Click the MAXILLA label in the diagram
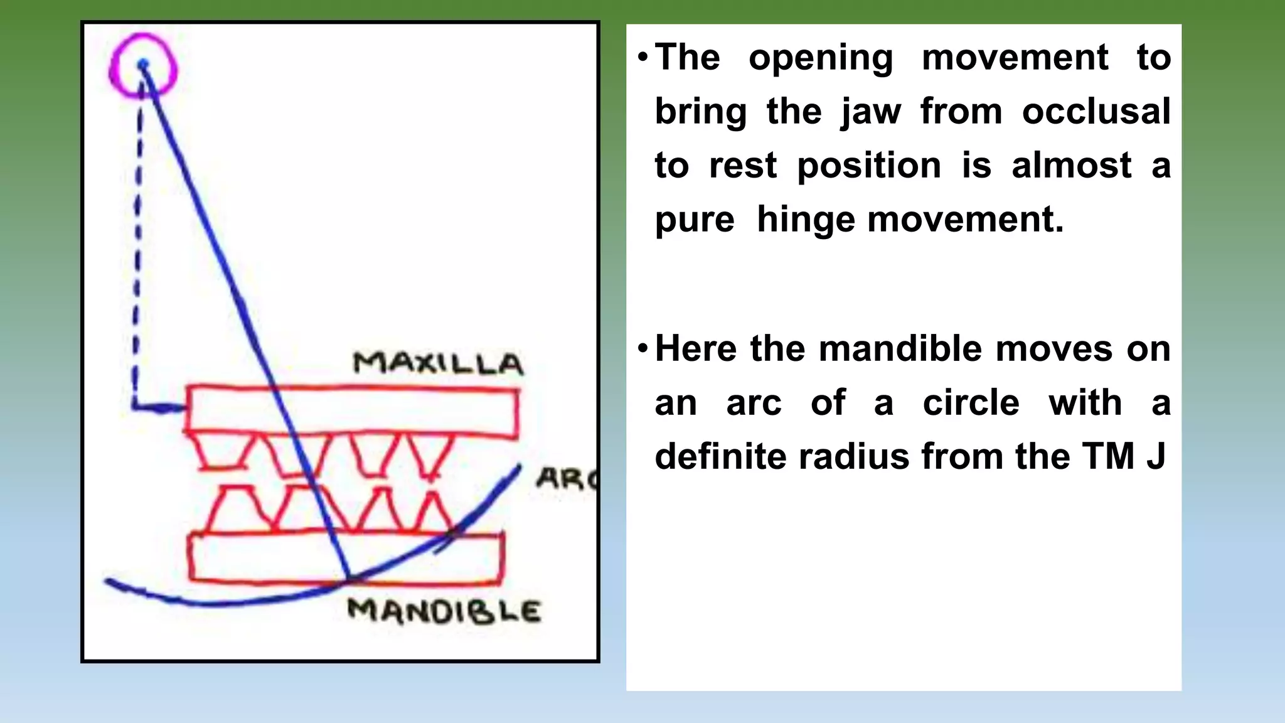point(437,364)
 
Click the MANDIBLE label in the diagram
point(444,611)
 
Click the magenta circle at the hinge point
point(143,65)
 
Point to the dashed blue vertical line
point(137,251)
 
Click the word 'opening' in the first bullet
point(821,58)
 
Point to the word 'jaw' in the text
point(871,112)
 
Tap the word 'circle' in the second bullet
point(971,403)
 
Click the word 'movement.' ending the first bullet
point(966,220)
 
